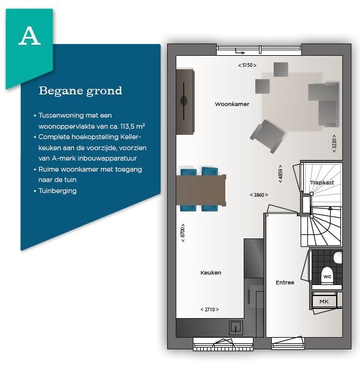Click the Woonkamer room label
click(x=232, y=104)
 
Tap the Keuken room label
click(x=211, y=273)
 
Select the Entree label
click(x=285, y=283)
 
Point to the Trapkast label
click(x=322, y=183)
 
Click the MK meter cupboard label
click(x=324, y=302)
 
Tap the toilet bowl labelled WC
click(x=327, y=276)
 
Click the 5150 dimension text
click(x=247, y=65)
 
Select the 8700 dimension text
click(x=183, y=233)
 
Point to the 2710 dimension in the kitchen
click(x=209, y=310)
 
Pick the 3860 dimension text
click(x=259, y=195)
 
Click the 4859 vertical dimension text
click(x=280, y=174)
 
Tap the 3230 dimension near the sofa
click(x=334, y=143)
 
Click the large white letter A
click(x=29, y=36)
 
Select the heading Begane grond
click(x=80, y=91)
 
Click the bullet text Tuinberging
click(x=58, y=191)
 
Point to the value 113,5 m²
click(x=132, y=126)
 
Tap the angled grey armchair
click(x=268, y=136)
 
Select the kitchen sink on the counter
click(x=236, y=328)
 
